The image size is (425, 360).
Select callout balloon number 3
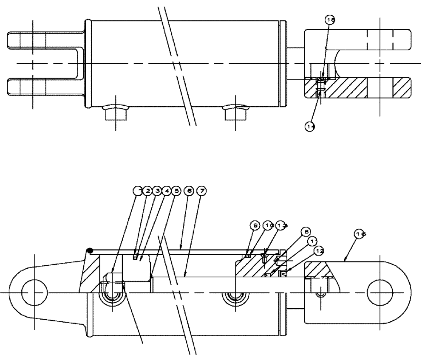(157, 191)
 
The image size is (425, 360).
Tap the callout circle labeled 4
(166, 191)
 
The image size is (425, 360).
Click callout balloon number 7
(202, 191)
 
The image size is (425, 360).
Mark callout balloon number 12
(319, 251)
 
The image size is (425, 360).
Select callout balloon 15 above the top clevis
(330, 20)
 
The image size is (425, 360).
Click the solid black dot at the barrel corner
(90, 250)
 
